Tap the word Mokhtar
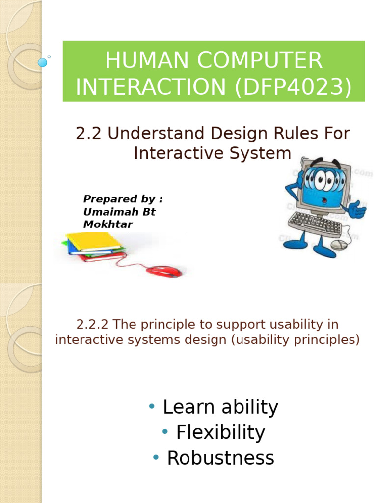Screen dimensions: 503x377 pos(108,224)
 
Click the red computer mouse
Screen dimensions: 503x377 pos(164,271)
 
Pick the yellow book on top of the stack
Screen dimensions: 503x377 pos(93,241)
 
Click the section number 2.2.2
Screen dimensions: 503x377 pos(94,325)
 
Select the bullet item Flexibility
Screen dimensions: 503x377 pos(220,432)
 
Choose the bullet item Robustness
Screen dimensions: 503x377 pos(220,458)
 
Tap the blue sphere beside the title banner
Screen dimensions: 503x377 pos(43,62)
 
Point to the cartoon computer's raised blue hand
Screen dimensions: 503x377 pos(356,210)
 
